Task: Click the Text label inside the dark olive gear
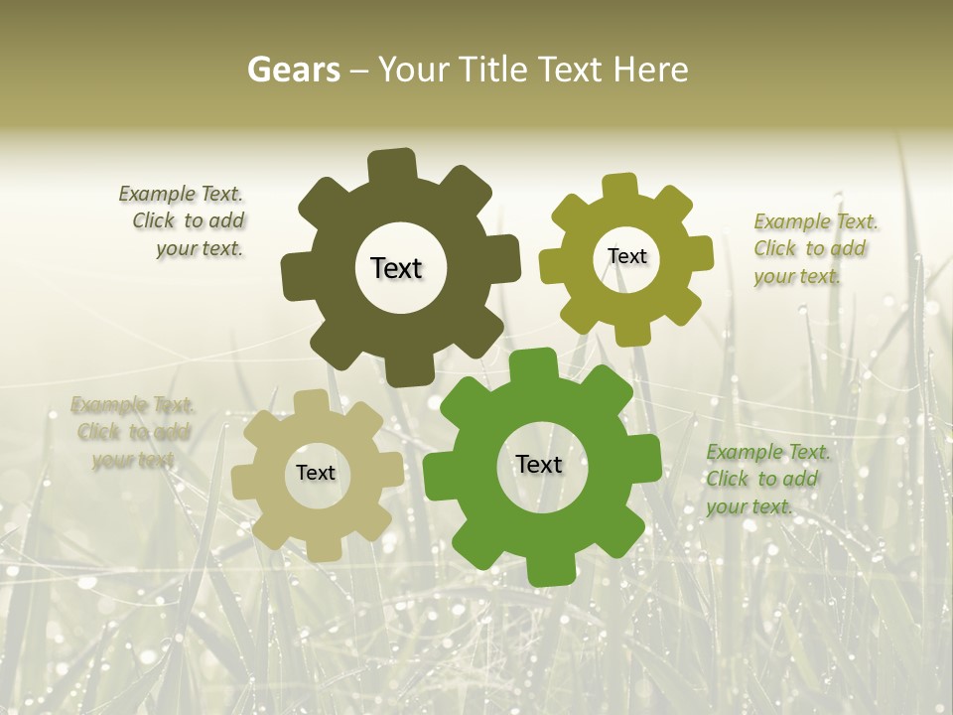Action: coord(396,268)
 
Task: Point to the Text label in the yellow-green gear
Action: coord(626,256)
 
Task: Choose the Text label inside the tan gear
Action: coord(316,473)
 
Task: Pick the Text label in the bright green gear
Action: coord(539,464)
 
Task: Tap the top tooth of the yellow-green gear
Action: coord(619,187)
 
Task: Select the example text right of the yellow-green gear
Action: coord(814,248)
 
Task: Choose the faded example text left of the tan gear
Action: coord(131,432)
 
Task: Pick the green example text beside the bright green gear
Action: coord(766,479)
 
